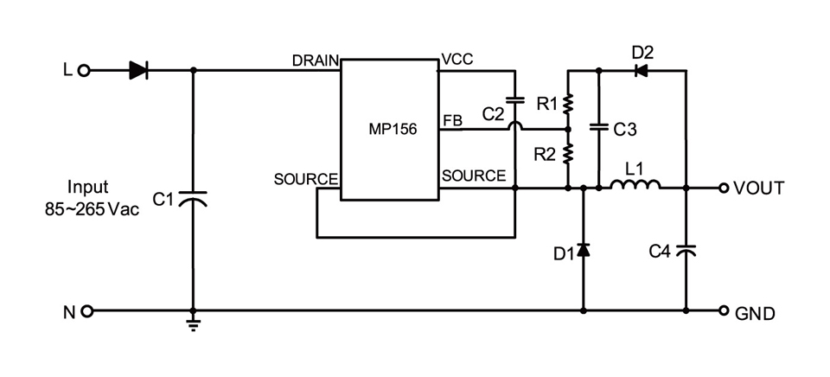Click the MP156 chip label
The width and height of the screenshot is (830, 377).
[392, 130]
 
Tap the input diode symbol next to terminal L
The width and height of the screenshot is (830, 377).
[138, 71]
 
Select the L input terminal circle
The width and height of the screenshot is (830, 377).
[84, 71]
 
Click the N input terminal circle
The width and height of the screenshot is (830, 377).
[84, 310]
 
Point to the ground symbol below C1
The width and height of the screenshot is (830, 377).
[193, 323]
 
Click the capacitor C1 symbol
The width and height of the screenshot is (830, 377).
[193, 199]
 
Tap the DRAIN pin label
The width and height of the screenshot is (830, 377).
[316, 60]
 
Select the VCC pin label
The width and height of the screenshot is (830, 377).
[457, 59]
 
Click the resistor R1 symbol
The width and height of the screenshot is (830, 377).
[568, 105]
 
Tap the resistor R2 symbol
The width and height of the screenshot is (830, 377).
[568, 154]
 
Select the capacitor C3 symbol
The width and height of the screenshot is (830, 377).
[598, 128]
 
